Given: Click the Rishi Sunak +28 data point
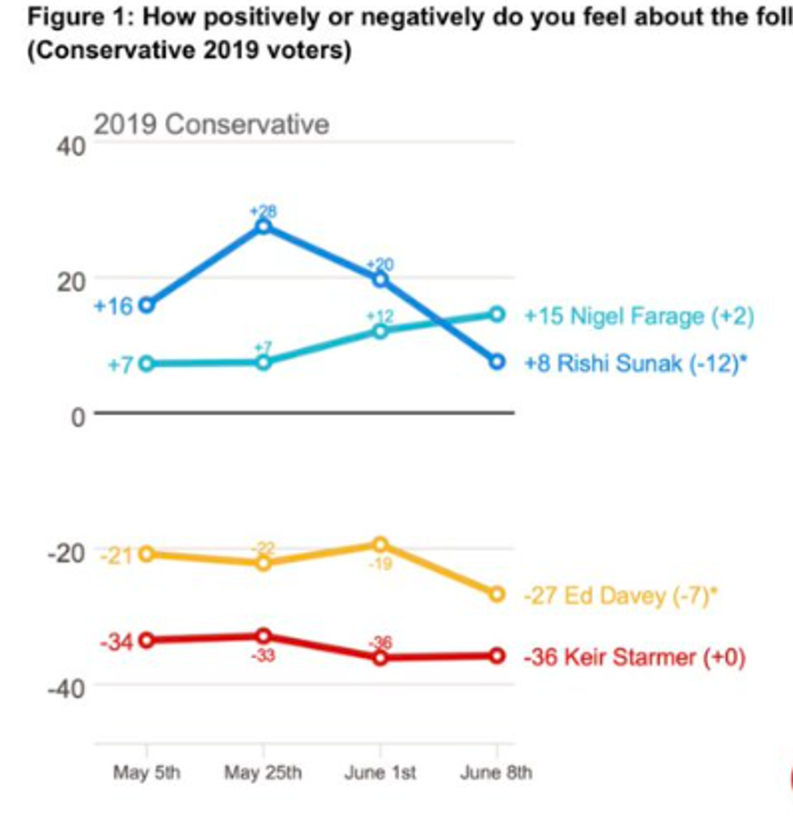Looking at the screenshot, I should tap(263, 227).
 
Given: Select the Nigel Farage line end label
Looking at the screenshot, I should tap(639, 316).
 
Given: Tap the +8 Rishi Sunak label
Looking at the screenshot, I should tap(635, 363).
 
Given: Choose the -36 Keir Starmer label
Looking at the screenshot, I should tap(634, 656).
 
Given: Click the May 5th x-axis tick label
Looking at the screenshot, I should tap(146, 773).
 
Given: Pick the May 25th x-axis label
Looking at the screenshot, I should tap(263, 773).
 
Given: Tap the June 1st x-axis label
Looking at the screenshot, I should tap(380, 773).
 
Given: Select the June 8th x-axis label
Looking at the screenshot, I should tap(496, 773).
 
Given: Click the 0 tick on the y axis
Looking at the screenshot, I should tap(78, 416).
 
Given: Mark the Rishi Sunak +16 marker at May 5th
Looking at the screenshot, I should tap(146, 305).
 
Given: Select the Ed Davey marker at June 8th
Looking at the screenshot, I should tap(497, 595).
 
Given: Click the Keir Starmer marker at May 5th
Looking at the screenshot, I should tap(146, 640).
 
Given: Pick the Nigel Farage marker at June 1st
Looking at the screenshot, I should tap(380, 331).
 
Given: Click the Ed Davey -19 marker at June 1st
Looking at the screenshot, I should tap(380, 545).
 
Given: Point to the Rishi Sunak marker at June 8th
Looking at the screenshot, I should tap(497, 362).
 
